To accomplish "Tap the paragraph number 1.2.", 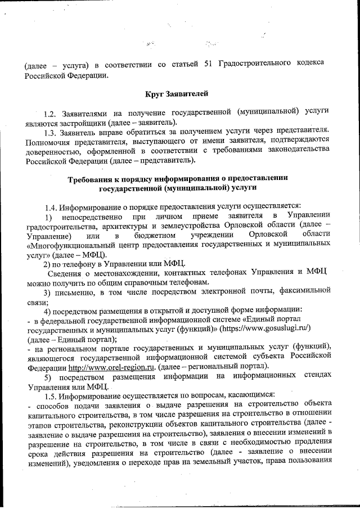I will tap(51, 113).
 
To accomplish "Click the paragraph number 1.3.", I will tap(51, 132).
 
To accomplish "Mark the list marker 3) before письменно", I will tap(48, 292).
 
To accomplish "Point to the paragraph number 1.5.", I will tap(51, 397).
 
